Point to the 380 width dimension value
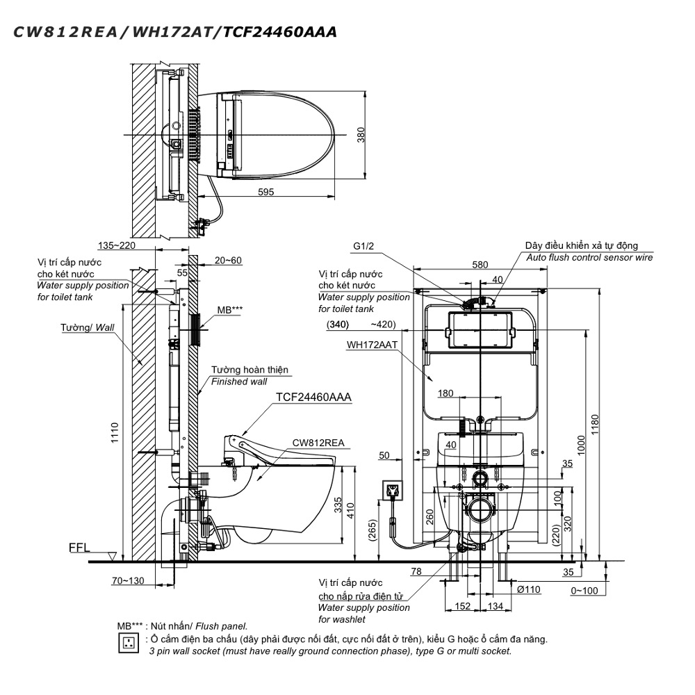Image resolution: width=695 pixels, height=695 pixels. [361, 134]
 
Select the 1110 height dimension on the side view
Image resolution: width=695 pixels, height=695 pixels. [115, 434]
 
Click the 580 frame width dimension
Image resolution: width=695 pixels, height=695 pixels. [479, 264]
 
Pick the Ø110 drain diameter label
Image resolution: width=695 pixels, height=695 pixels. [530, 589]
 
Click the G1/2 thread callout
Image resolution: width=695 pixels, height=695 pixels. [363, 246]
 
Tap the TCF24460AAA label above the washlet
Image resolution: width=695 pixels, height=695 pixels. [314, 397]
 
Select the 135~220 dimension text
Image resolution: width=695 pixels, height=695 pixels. [116, 245]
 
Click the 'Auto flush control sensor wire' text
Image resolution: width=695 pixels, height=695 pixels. [589, 258]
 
